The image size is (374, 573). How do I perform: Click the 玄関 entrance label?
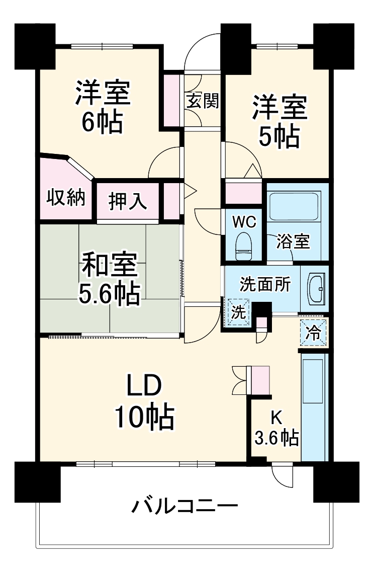coord(203,101)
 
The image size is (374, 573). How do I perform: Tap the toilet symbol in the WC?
coord(244,245)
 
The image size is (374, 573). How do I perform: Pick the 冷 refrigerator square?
coord(313,333)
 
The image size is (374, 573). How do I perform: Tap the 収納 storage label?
coord(66,198)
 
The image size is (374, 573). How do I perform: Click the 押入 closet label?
coord(128,202)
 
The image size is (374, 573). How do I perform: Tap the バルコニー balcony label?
coord(184,505)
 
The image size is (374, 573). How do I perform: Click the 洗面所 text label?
coord(264,285)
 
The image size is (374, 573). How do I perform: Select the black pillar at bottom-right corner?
coord(336,481)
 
